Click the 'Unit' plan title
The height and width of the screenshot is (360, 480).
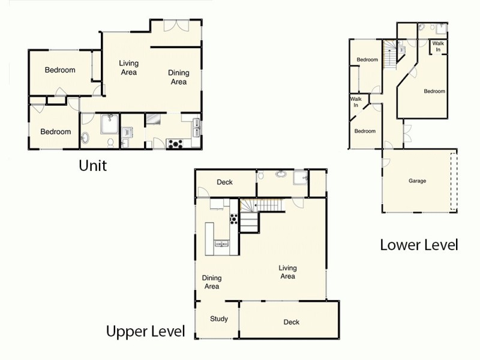(x=92, y=165)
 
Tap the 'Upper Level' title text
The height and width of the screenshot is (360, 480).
(x=145, y=332)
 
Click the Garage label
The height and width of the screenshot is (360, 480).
(x=418, y=181)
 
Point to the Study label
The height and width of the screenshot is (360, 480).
(x=219, y=319)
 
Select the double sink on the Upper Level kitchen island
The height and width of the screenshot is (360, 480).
(x=222, y=244)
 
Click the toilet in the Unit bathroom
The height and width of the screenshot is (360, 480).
(x=110, y=142)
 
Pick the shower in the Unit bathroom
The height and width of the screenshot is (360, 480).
(x=109, y=124)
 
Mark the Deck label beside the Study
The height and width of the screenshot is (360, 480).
(x=292, y=322)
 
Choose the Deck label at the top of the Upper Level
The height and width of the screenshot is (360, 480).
(x=224, y=182)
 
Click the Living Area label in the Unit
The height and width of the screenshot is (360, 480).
(x=128, y=68)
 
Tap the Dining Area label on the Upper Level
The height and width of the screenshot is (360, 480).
(x=212, y=282)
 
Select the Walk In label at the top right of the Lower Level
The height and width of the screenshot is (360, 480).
(x=438, y=47)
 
